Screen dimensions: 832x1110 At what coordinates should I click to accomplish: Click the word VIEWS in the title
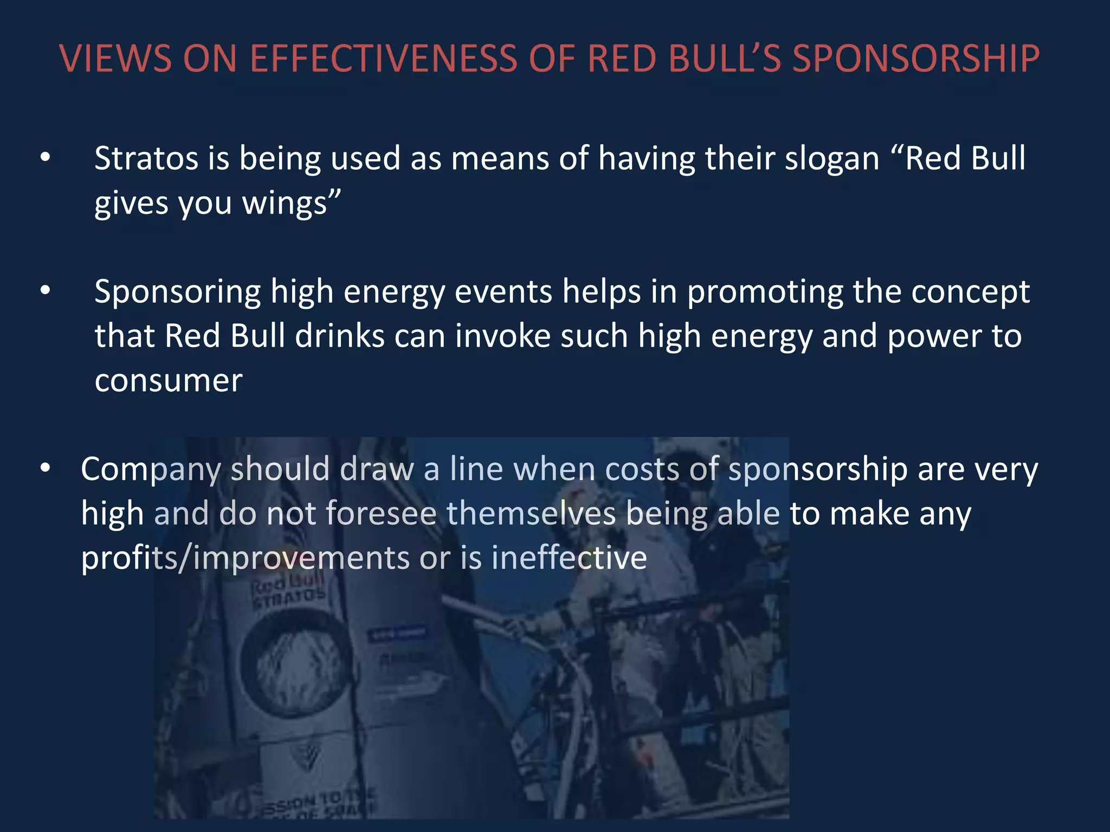pos(115,58)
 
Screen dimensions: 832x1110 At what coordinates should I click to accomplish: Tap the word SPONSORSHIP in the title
pos(916,58)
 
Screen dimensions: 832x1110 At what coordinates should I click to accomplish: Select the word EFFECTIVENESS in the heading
pos(383,58)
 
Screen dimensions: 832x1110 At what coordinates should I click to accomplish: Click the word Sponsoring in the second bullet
pos(178,292)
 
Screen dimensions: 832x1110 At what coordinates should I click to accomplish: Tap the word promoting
pos(765,292)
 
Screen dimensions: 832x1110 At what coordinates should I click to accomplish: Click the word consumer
pos(169,381)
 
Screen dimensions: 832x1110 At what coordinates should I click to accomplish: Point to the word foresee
pos(381,513)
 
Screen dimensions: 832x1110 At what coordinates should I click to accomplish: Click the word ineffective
pos(569,558)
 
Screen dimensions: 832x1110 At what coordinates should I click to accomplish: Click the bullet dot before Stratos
pos(46,158)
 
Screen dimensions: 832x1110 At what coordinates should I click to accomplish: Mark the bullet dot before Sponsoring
pos(46,291)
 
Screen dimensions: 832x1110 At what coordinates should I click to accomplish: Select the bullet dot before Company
pos(46,467)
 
